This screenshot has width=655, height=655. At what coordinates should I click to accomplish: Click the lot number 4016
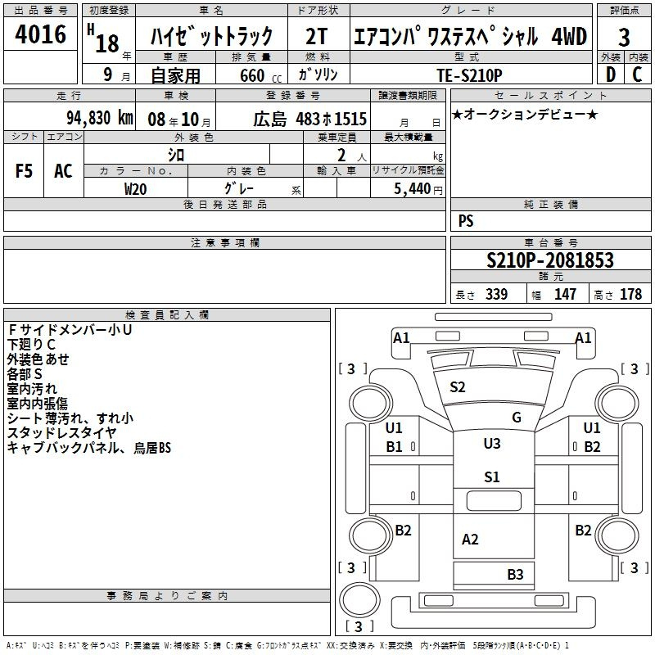40,34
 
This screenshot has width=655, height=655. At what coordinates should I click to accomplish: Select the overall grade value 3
624,38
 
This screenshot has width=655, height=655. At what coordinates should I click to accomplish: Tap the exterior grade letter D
611,75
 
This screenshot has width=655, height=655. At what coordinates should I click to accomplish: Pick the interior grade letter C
637,75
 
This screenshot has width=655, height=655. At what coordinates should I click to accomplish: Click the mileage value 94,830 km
100,118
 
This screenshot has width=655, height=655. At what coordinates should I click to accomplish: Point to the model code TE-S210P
469,75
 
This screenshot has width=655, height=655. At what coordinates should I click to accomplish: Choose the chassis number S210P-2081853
550,260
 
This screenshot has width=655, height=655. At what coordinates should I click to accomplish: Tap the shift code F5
24,171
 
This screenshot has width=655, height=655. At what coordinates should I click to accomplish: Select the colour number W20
135,189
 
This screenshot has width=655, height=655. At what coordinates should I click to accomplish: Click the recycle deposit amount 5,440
413,189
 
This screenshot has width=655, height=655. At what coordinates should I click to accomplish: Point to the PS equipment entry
466,220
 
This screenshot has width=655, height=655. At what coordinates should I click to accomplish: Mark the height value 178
630,295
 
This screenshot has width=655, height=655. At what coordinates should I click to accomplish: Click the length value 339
497,295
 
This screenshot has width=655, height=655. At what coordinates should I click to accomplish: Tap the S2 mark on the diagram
458,387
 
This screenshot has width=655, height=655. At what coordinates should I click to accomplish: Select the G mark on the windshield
517,417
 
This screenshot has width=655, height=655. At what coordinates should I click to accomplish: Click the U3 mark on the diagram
492,443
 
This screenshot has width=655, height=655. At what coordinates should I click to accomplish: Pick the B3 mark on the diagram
516,575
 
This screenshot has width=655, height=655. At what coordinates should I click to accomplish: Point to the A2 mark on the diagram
470,540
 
